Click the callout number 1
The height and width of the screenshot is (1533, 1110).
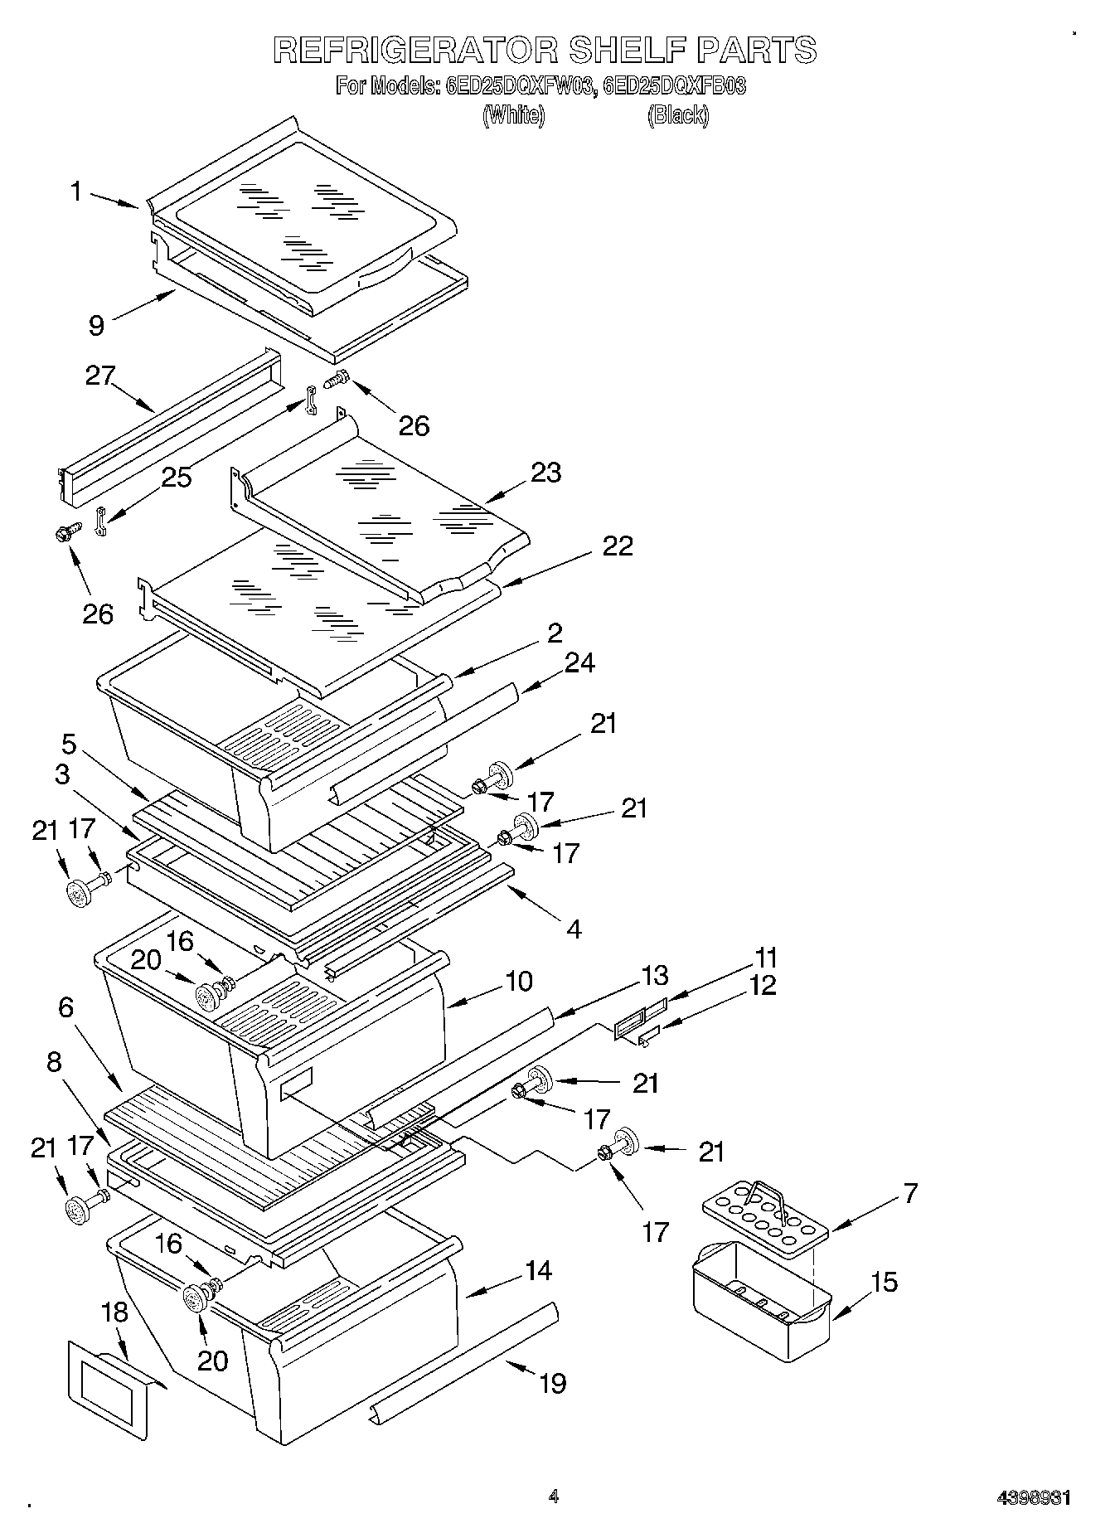[75, 192]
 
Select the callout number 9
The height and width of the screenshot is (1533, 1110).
[97, 326]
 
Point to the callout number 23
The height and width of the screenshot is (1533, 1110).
[545, 473]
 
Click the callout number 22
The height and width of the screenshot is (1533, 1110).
[618, 546]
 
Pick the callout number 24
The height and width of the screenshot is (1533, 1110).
[580, 662]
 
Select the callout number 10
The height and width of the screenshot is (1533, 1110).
[518, 981]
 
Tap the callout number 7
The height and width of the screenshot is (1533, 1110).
[909, 1193]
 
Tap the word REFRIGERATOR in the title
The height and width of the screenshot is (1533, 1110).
[414, 51]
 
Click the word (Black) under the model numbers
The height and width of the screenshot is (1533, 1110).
[677, 115]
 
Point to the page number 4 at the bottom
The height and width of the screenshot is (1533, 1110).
[553, 1497]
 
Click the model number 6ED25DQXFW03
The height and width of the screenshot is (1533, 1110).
[519, 86]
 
